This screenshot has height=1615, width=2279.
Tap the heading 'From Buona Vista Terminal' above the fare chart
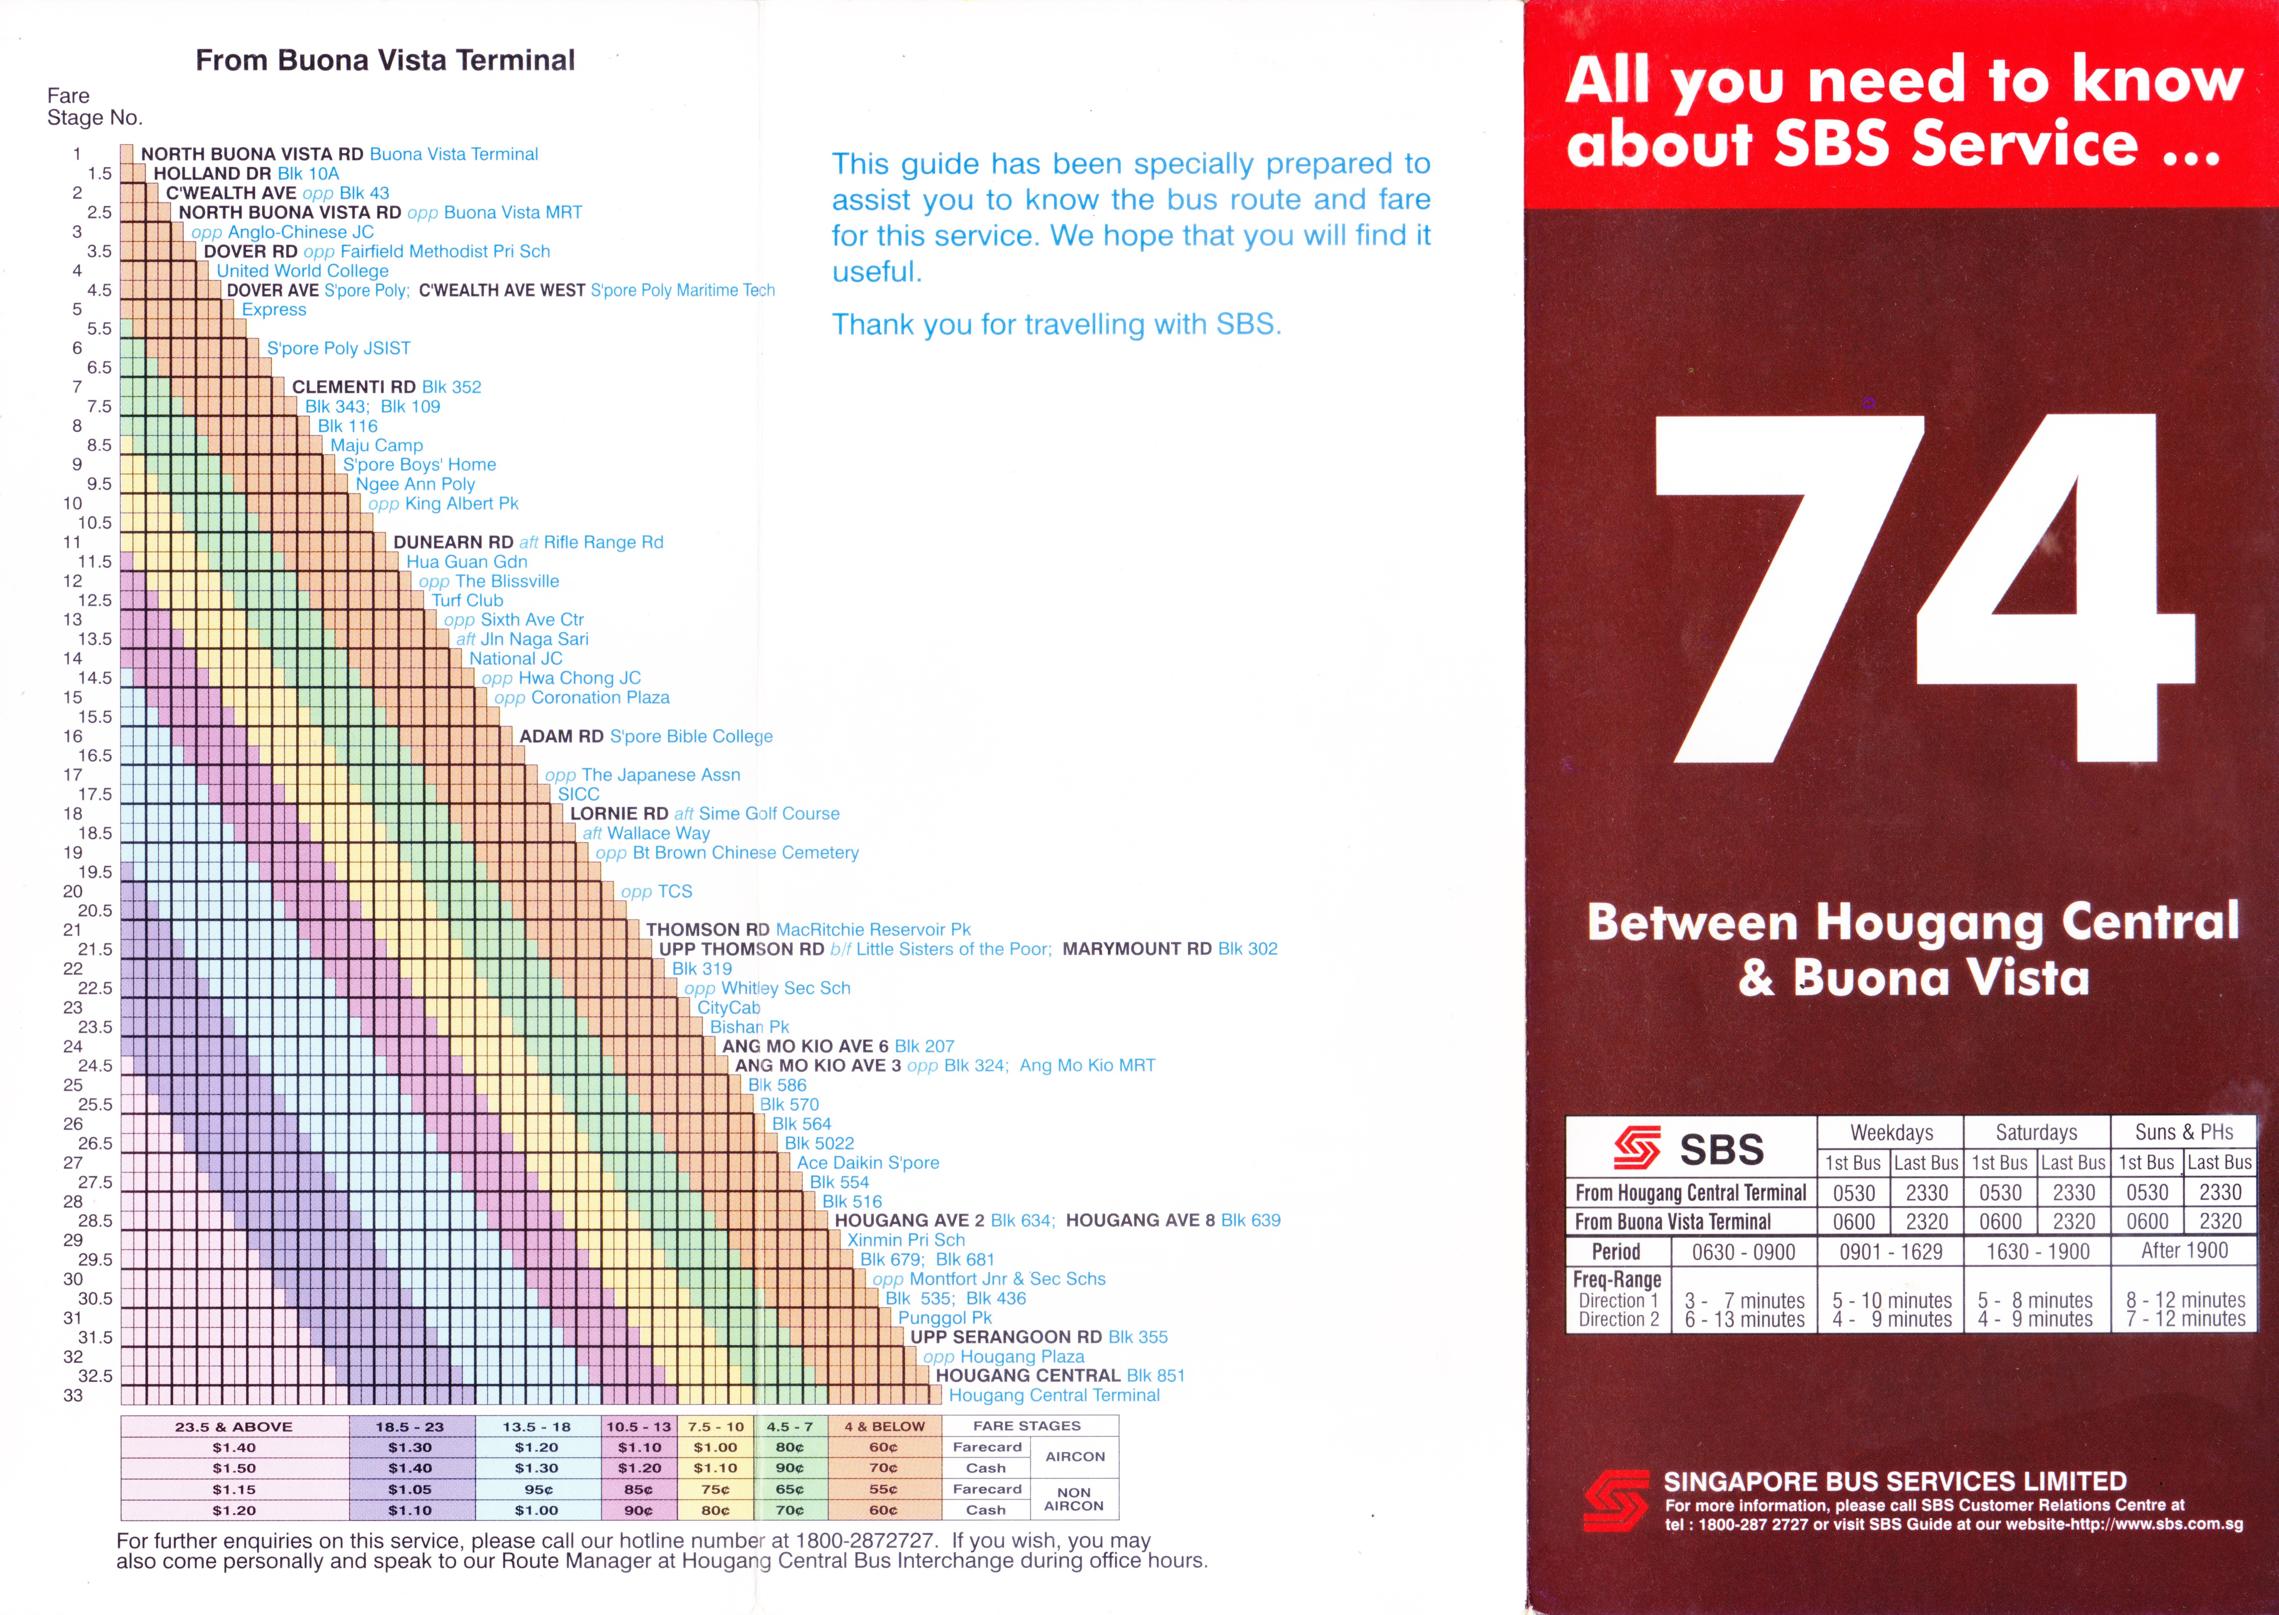(385, 61)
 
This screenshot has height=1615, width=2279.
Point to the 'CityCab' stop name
(729, 1008)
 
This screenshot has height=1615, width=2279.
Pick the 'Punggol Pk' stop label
(945, 1318)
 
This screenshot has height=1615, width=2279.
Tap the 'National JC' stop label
(515, 658)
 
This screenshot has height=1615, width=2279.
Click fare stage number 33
(73, 1395)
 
